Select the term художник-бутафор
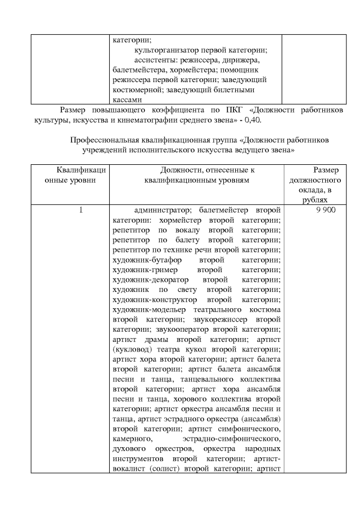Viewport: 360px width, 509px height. [139, 261]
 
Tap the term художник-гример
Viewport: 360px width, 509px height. [137, 271]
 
